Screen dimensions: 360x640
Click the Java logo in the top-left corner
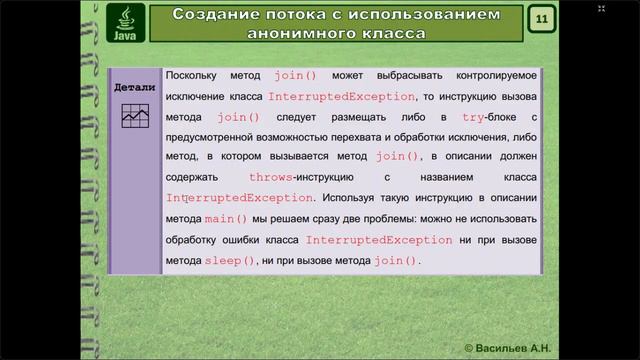point(126,23)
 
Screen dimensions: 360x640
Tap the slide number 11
point(541,20)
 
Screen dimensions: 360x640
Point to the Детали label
point(134,87)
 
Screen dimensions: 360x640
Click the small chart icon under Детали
point(134,116)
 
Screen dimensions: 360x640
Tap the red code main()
point(226,219)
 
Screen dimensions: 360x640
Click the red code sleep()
point(230,260)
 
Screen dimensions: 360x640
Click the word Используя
point(354,198)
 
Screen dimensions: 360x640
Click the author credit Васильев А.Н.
point(514,346)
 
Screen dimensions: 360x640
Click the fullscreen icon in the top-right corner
point(601,8)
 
